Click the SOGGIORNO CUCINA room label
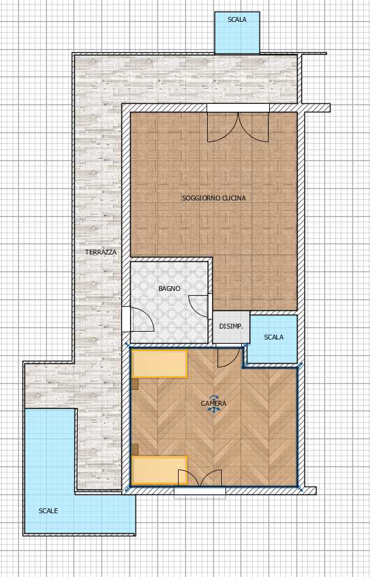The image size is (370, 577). (x=214, y=198)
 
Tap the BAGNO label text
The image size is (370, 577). (x=170, y=288)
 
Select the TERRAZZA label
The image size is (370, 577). (x=100, y=252)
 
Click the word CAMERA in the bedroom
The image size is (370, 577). (x=213, y=403)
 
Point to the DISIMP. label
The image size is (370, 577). (x=231, y=326)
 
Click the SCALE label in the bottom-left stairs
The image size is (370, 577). (x=48, y=511)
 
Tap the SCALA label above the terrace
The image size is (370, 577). (x=237, y=20)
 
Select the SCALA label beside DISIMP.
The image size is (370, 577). (x=274, y=336)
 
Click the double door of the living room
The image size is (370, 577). (x=238, y=127)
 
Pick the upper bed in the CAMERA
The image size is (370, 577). (x=159, y=364)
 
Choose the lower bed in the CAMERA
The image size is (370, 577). (x=159, y=470)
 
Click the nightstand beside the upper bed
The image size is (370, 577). (x=135, y=384)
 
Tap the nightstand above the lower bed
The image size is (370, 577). (x=135, y=449)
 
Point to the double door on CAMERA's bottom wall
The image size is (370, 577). (x=199, y=477)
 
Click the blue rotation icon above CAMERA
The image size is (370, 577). (x=214, y=398)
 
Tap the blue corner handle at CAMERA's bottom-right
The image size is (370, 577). (x=300, y=490)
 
